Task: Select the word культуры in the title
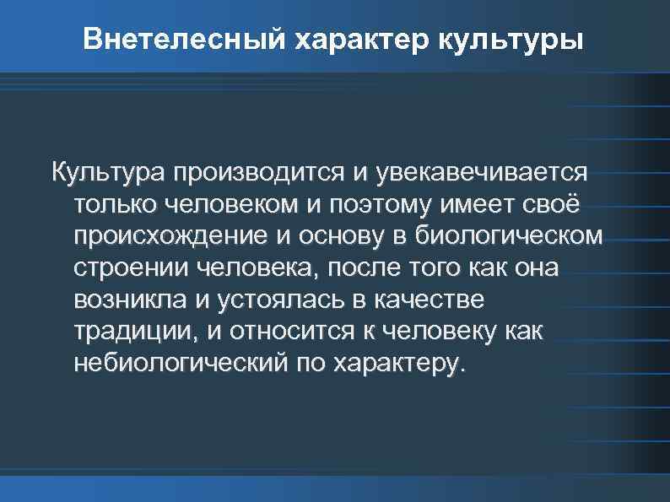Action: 511,40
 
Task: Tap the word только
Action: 113,205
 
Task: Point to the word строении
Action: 132,269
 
